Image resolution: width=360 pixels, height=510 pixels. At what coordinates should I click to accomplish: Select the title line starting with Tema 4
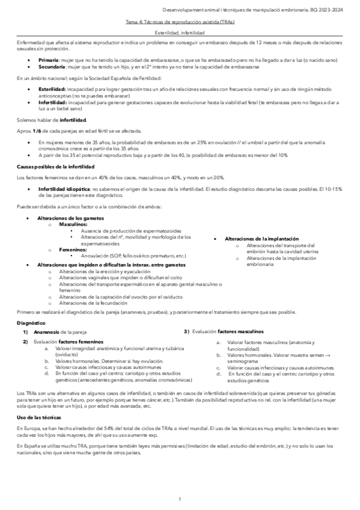[x=180, y=22]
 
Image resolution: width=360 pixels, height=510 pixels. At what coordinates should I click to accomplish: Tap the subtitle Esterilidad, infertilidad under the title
[x=180, y=33]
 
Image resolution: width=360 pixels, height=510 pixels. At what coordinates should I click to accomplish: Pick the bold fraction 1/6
[x=38, y=131]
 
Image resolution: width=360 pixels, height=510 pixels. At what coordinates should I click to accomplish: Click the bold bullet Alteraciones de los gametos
[x=70, y=218]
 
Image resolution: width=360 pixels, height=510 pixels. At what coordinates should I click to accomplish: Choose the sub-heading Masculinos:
[x=72, y=224]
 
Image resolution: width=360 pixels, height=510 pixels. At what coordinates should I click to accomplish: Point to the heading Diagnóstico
[x=31, y=323]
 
